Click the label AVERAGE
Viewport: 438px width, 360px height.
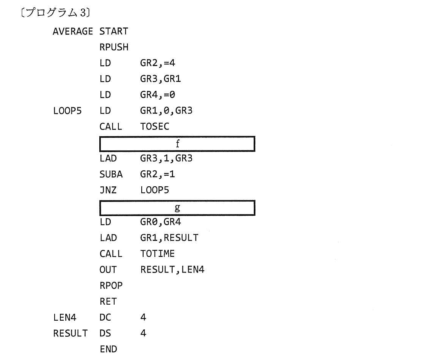point(73,31)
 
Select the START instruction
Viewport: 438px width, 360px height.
point(114,31)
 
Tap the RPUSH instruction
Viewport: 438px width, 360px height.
point(114,47)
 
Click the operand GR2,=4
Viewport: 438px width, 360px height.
point(158,63)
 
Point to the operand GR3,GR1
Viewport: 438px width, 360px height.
point(160,79)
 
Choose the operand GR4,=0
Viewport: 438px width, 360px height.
point(158,95)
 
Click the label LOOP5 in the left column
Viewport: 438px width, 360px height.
point(67,111)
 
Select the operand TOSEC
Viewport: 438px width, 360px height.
point(155,126)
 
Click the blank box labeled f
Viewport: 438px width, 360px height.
point(177,144)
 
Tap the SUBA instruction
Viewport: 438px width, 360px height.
point(111,174)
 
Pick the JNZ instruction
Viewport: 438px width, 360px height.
point(108,190)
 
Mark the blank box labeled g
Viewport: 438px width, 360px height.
point(177,208)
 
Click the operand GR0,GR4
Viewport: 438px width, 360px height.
point(160,222)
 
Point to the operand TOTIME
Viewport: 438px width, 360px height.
point(157,253)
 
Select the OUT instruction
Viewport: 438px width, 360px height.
point(108,270)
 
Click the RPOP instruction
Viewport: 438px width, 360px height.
point(111,286)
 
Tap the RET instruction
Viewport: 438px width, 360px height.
point(108,302)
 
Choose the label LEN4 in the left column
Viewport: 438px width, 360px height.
point(65,318)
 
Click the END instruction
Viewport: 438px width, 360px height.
point(108,349)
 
